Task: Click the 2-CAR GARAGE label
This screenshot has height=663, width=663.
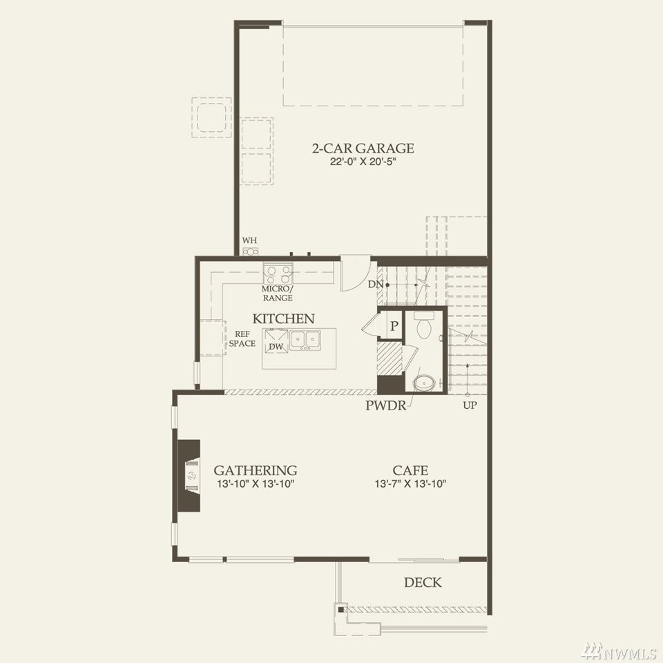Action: pos(363,148)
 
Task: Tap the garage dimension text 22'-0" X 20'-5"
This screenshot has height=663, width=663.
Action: pos(363,162)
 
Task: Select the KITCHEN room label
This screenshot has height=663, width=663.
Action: pos(283,318)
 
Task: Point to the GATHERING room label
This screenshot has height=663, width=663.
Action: pos(255,470)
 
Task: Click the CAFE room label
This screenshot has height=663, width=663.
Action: pos(410,470)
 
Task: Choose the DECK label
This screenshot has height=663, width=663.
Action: pos(423,582)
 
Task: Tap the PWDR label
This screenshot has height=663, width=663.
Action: pos(385,405)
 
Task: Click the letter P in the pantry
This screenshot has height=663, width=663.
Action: pos(394,326)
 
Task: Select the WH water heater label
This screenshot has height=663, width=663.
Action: pos(249,240)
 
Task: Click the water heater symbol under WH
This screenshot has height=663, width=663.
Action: pos(250,251)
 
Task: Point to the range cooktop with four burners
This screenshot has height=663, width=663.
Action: pos(278,273)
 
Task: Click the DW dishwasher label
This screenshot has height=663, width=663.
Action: pos(276,347)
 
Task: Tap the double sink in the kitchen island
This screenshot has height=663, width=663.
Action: pos(305,340)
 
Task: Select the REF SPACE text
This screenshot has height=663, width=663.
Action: pos(242,338)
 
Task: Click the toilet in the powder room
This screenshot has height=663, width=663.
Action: pos(423,325)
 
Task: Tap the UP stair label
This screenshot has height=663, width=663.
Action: pos(470,405)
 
